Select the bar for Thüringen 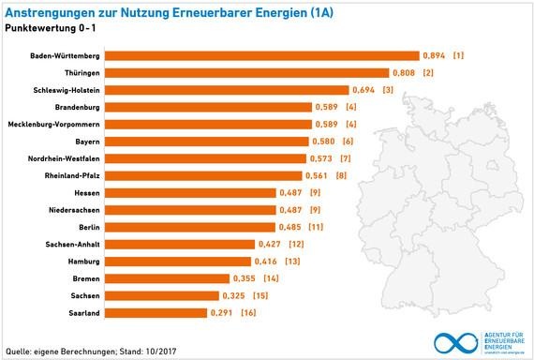coord(246,73)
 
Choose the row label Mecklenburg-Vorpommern coord(53,125)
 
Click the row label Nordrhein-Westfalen coord(59,158)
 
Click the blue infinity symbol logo coord(453,341)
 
